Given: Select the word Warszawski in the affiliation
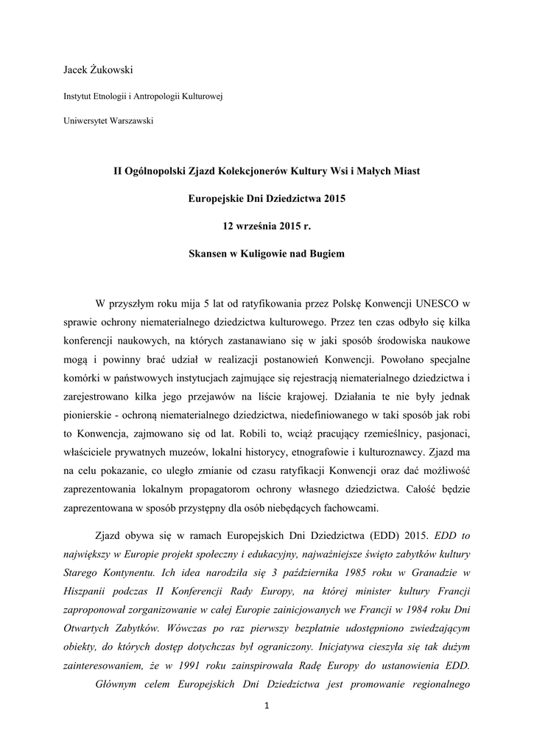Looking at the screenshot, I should tap(132, 120).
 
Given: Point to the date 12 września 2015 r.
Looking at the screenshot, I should tap(267, 226).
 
